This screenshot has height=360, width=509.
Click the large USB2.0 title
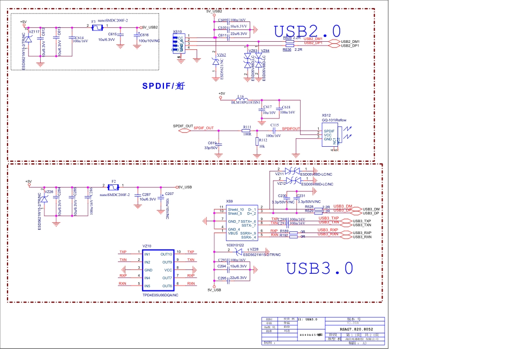point(307,31)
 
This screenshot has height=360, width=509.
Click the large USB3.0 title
point(319,267)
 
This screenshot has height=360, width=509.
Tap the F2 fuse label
point(113,182)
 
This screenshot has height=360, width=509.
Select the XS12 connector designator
point(326,115)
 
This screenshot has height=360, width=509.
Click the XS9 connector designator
point(229,201)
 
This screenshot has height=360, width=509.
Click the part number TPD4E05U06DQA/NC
point(160,295)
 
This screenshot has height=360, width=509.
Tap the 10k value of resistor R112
point(261,146)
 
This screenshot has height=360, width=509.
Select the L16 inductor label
point(241,97)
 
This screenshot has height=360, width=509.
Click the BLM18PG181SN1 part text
point(245,102)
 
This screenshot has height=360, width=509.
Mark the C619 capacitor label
point(212,143)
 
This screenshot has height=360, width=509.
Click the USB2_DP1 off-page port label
point(350,46)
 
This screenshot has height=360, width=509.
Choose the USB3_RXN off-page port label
point(361,236)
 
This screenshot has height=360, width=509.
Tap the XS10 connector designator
point(177,32)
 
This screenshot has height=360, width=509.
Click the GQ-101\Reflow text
point(334,121)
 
